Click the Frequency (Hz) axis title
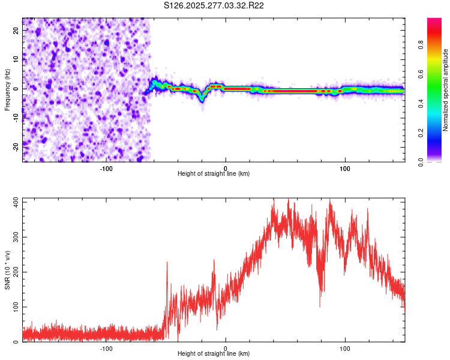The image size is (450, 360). click(7, 89)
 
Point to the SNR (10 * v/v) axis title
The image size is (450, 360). click(7, 270)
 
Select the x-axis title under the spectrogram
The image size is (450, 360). click(214, 173)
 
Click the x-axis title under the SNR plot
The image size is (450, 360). click(214, 354)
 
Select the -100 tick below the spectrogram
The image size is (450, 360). click(106, 168)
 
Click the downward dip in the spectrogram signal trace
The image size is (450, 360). click(202, 100)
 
